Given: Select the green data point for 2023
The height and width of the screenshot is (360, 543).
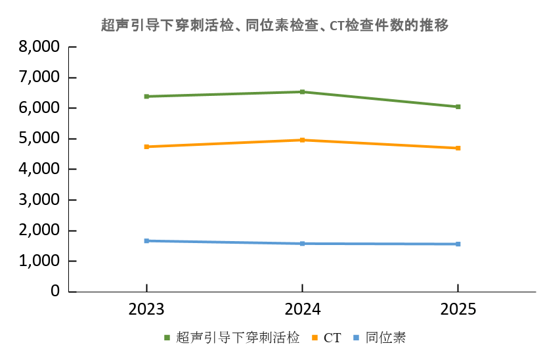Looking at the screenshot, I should [x=147, y=97].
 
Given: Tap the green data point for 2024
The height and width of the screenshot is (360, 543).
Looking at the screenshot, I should [x=302, y=92].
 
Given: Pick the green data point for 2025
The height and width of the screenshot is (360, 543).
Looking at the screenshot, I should [x=458, y=106].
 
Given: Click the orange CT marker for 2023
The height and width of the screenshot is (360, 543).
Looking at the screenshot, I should [x=147, y=146].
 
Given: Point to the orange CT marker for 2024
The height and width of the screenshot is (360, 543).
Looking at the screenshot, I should [x=302, y=140].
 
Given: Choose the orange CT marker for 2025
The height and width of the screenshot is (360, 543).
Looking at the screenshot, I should [x=458, y=148].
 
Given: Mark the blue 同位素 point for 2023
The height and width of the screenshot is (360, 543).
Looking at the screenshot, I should [x=147, y=241].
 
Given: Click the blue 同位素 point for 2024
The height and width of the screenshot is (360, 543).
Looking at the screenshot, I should [x=302, y=244].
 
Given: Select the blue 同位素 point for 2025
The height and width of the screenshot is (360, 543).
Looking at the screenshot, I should [x=458, y=244].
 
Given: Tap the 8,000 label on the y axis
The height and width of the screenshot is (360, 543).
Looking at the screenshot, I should [x=39, y=47].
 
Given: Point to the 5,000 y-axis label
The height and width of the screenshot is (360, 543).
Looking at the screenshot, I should [x=39, y=139].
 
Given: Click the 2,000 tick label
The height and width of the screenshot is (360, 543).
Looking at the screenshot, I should [x=39, y=231].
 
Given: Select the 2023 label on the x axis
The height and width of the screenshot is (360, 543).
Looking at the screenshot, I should [x=147, y=309].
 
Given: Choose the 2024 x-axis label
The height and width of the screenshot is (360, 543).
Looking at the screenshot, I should [x=302, y=309].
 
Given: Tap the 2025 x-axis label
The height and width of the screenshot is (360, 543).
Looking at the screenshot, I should [x=458, y=309].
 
